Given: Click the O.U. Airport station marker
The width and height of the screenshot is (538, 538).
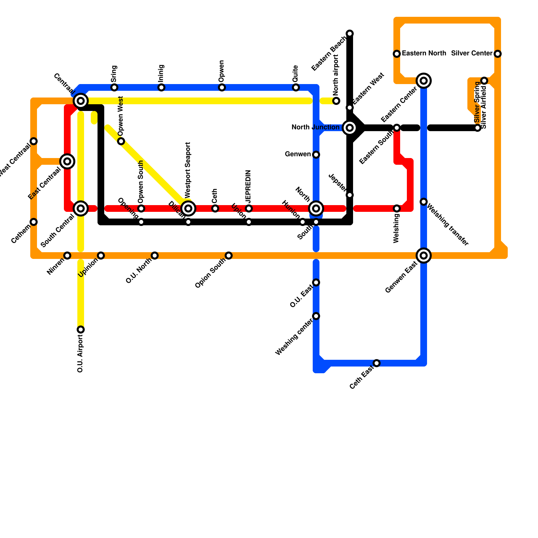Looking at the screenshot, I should click(81, 330).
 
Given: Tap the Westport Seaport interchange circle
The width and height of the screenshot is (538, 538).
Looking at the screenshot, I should click(188, 208).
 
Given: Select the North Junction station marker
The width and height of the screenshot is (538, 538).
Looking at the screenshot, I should click(350, 128).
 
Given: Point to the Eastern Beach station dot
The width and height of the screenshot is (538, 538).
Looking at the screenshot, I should click(350, 34).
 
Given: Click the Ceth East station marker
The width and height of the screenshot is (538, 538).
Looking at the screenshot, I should click(377, 363).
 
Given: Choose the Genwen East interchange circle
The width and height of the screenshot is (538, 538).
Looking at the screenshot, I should click(424, 256).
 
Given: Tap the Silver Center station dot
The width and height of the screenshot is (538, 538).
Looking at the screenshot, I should click(498, 54).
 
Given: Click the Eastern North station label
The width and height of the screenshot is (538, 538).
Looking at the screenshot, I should click(424, 53).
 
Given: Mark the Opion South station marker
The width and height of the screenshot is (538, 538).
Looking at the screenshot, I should click(229, 256).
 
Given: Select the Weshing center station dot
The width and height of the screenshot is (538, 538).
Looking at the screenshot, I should click(316, 316).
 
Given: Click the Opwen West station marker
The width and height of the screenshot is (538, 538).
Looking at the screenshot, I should click(121, 141).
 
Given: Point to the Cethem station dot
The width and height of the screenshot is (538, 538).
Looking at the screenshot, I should click(34, 222).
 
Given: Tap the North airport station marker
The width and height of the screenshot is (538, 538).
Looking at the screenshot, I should click(336, 101).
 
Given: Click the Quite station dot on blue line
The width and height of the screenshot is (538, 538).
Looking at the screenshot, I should click(296, 87).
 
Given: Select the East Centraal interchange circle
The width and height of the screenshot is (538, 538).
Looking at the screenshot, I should click(67, 161).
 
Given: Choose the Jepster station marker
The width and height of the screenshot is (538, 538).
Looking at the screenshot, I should click(350, 195).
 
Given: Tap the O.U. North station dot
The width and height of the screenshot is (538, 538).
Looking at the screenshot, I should click(155, 256).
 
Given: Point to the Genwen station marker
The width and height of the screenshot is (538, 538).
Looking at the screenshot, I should click(316, 155).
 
